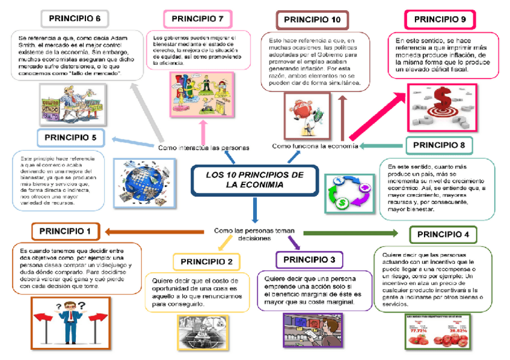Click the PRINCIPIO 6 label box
pos(75,19)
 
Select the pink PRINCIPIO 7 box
pos(198,19)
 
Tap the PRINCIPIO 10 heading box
pos(312,20)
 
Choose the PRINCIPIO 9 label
pos(444,20)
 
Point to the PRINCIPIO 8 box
pos(439,145)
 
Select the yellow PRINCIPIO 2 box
pos(206,262)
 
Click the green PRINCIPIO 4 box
pos(443,234)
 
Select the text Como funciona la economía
pos(315,146)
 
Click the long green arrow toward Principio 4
pos(349,233)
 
